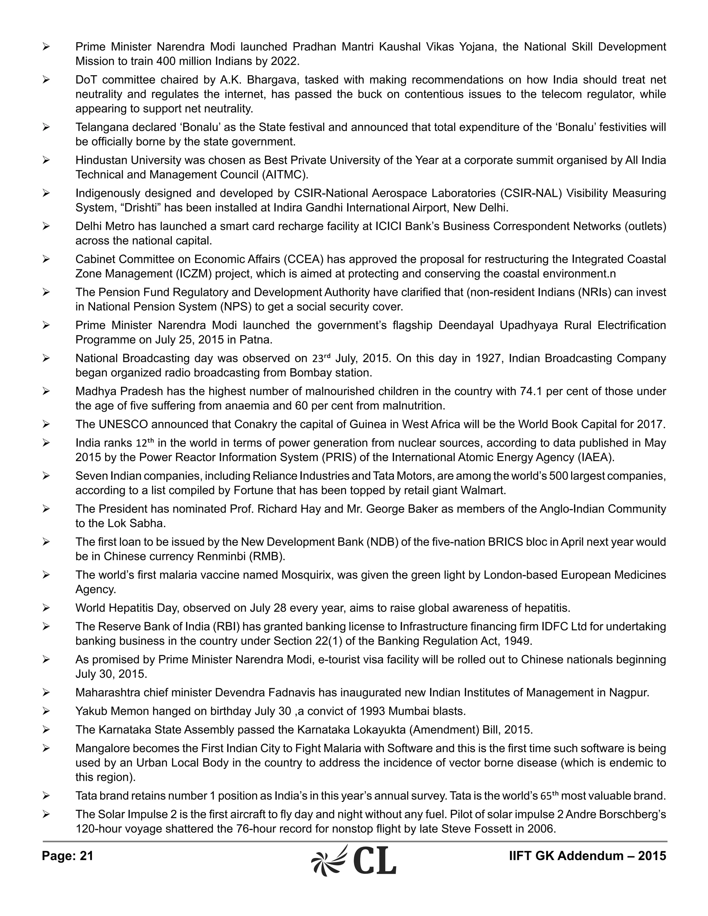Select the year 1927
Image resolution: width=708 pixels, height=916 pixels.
tap(478, 358)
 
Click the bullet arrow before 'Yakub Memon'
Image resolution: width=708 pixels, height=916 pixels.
tap(46, 711)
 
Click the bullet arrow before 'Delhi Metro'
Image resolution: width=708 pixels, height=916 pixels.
tap(46, 226)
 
